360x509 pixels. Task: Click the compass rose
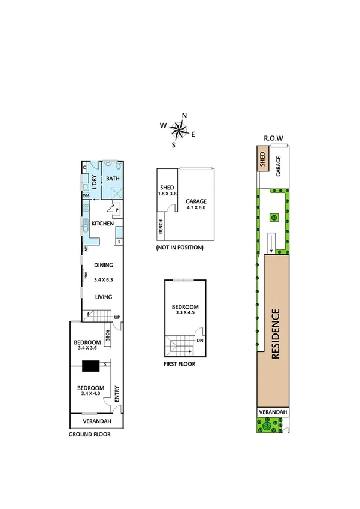click(179, 128)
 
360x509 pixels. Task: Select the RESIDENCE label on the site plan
click(276, 333)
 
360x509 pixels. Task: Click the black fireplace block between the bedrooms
click(92, 366)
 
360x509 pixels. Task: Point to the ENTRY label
click(117, 393)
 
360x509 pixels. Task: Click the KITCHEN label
click(102, 224)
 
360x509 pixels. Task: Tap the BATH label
click(112, 179)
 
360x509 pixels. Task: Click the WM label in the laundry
click(86, 195)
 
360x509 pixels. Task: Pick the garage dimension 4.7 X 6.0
click(195, 207)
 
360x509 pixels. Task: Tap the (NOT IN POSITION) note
click(179, 247)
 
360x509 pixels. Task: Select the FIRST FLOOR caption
click(179, 363)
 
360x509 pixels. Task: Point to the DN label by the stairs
click(199, 341)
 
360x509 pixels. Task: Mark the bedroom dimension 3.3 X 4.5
click(184, 312)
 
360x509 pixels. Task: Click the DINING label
click(103, 265)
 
